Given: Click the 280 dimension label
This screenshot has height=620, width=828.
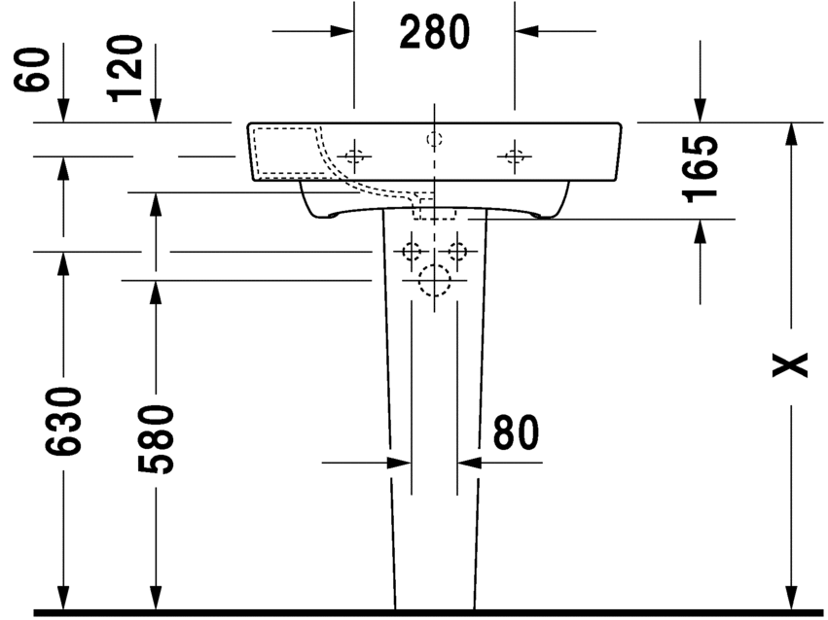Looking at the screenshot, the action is [x=434, y=32].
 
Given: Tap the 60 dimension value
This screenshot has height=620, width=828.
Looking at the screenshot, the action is [x=32, y=70].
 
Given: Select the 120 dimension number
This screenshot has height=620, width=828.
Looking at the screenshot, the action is [x=126, y=68].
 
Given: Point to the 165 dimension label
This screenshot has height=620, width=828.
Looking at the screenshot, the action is [x=701, y=169].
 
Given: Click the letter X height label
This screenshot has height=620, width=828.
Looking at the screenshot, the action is [x=790, y=364].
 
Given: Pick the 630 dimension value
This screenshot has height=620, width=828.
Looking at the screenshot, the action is [x=63, y=421].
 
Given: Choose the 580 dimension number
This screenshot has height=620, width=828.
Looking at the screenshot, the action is [x=156, y=439].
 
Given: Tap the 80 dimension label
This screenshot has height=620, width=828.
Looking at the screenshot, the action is [x=516, y=432].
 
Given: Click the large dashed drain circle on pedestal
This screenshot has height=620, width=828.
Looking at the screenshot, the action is [x=434, y=281].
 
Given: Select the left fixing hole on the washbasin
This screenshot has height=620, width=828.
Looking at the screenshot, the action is [x=354, y=156].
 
